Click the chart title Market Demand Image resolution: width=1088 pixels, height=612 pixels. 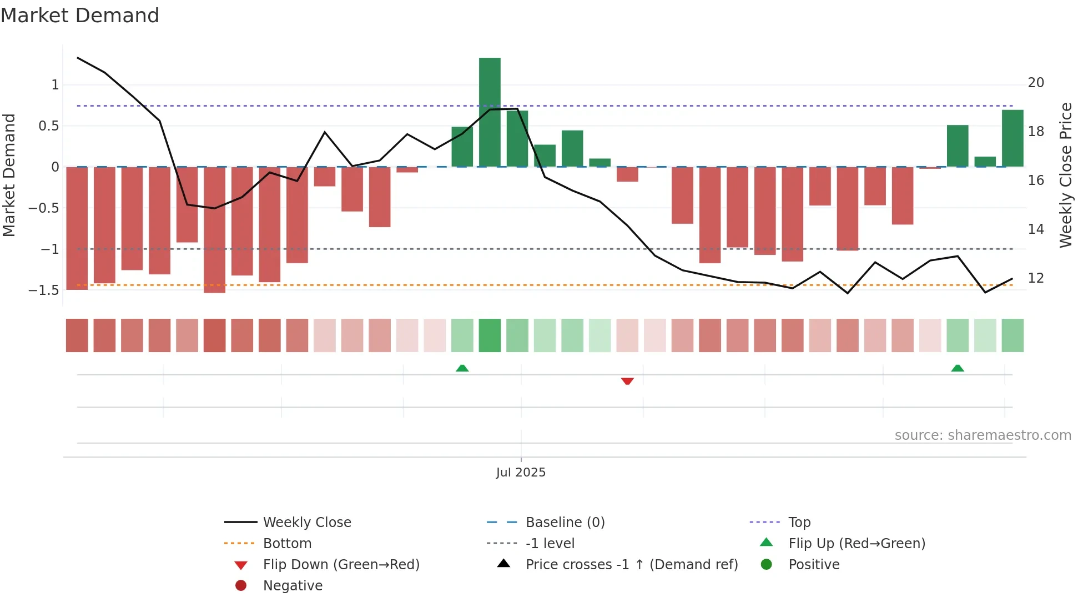pyautogui.click(x=80, y=16)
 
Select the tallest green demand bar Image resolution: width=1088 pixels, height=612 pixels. pyautogui.click(x=490, y=112)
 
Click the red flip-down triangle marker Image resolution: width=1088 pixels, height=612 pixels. pyautogui.click(x=627, y=381)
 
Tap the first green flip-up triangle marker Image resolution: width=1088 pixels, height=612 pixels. pyautogui.click(x=462, y=368)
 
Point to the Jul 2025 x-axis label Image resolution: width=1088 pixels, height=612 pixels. pyautogui.click(x=521, y=472)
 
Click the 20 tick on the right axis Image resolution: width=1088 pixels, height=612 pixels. pyautogui.click(x=1036, y=83)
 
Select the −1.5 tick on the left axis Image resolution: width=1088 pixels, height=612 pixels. pyautogui.click(x=44, y=290)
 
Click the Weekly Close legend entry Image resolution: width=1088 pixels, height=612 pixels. pyautogui.click(x=306, y=522)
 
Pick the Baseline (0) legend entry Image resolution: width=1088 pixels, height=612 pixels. pyautogui.click(x=565, y=522)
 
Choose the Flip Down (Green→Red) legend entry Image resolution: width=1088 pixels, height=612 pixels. pyautogui.click(x=341, y=564)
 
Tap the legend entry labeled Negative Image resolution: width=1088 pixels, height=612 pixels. pyautogui.click(x=293, y=585)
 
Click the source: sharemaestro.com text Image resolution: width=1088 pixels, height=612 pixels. pyautogui.click(x=983, y=435)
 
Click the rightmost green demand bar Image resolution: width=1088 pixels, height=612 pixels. pyautogui.click(x=1013, y=138)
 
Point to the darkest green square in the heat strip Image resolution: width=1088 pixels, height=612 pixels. pyautogui.click(x=490, y=335)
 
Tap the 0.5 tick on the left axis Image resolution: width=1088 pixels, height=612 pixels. pyautogui.click(x=48, y=126)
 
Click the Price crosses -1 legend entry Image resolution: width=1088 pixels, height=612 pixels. pyautogui.click(x=631, y=564)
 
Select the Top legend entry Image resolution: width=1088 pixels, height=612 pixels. pyautogui.click(x=799, y=522)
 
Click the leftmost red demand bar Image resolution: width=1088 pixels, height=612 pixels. pyautogui.click(x=77, y=228)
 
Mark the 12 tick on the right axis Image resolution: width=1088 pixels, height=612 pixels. pyautogui.click(x=1036, y=278)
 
